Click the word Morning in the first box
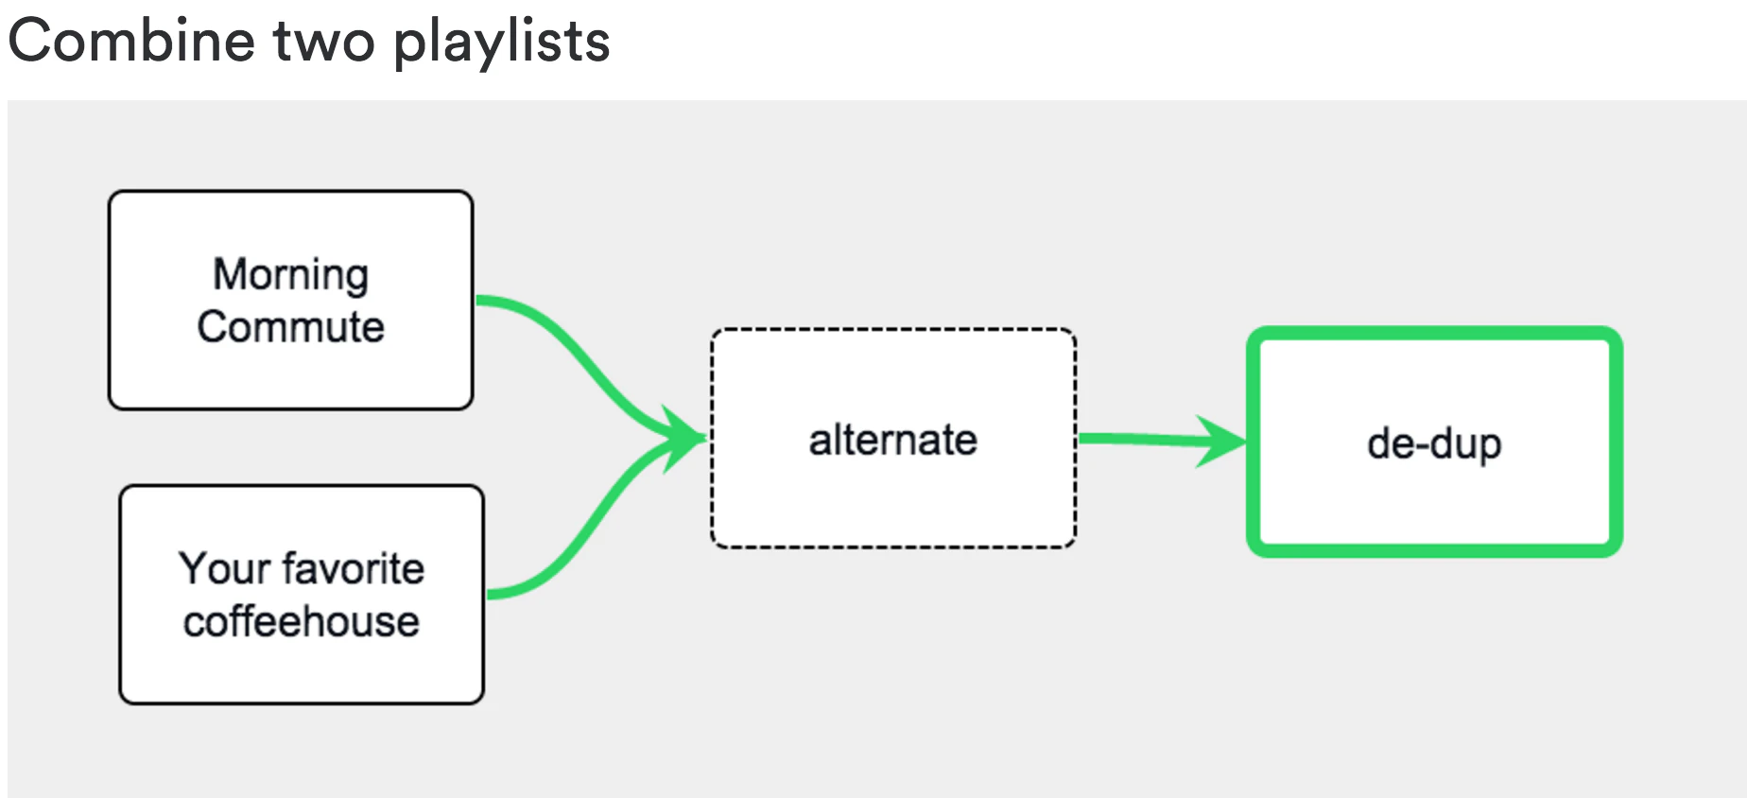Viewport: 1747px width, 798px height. pos(290,275)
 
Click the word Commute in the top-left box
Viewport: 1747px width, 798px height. pos(290,327)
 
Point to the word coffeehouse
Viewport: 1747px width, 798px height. pos(301,622)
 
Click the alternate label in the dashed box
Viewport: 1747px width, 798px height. pos(892,441)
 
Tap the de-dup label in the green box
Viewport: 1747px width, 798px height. pos(1434,443)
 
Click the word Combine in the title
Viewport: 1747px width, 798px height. pos(131,41)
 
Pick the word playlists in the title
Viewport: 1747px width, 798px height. pos(501,43)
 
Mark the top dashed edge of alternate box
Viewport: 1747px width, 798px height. pos(892,330)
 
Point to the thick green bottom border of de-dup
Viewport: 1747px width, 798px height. pos(1434,549)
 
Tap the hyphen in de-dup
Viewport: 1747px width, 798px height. pos(1419,444)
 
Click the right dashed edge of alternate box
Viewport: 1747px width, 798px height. pos(1075,473)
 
